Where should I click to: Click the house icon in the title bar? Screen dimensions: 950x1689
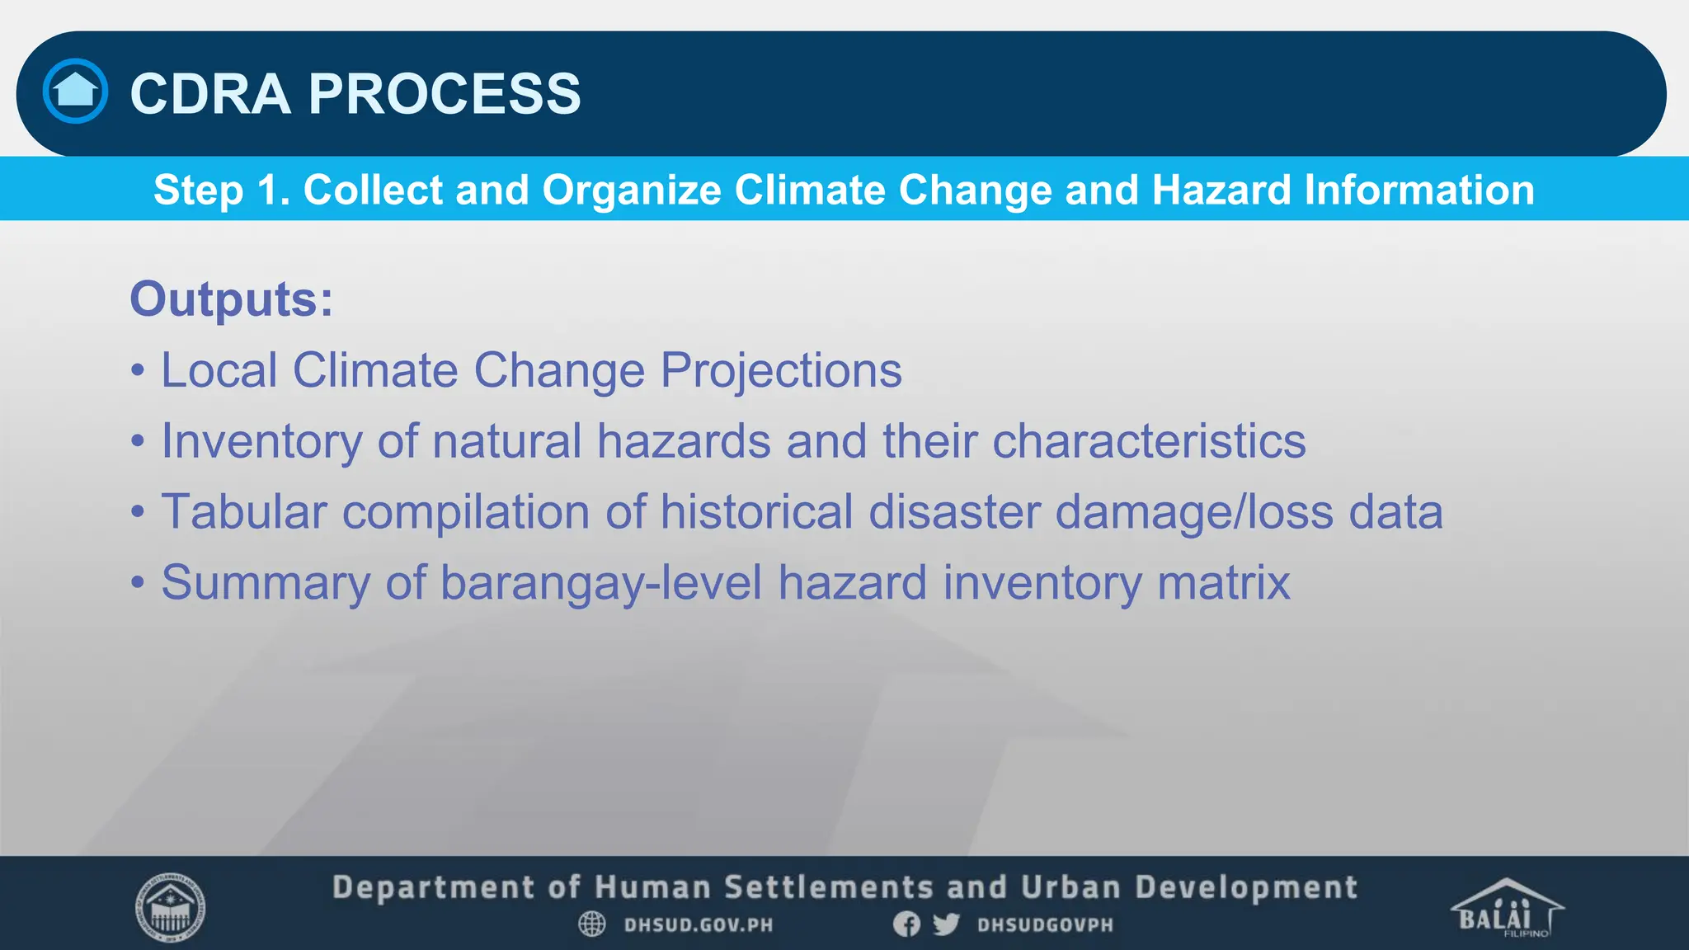click(75, 91)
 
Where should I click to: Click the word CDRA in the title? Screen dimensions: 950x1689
click(210, 93)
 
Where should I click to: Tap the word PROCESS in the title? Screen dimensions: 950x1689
click(445, 93)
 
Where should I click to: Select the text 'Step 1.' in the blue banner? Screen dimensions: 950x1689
click(221, 190)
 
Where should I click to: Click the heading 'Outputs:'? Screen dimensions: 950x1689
click(231, 299)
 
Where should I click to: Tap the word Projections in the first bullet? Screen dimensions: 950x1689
click(781, 370)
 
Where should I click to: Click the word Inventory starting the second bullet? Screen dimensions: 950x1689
click(261, 441)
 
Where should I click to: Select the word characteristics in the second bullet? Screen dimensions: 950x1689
click(1149, 441)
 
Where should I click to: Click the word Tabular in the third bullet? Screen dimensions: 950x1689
click(244, 512)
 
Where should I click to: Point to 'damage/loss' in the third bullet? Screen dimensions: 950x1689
click(1194, 512)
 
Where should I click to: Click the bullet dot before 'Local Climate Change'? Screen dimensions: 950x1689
click(138, 371)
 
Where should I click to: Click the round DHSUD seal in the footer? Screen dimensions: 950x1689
click(170, 907)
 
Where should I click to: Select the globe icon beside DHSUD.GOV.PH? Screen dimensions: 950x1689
click(592, 924)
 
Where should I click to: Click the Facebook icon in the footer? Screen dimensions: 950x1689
click(906, 924)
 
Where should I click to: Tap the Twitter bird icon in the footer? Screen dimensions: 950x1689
click(946, 924)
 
